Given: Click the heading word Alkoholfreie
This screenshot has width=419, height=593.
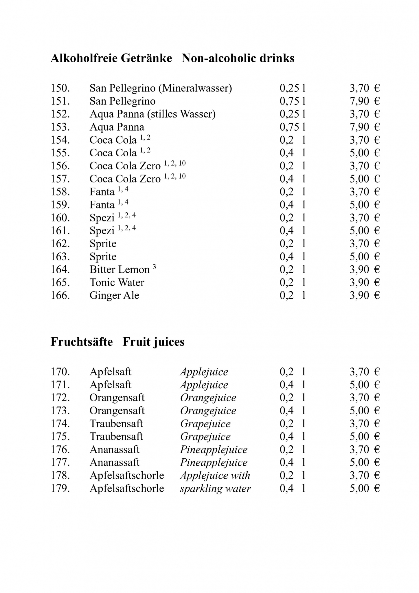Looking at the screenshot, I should click(x=84, y=58).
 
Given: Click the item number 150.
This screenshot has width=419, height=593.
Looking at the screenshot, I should click(x=60, y=88).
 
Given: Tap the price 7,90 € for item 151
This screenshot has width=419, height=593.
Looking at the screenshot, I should click(x=364, y=101).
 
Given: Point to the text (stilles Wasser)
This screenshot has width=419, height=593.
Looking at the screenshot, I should click(x=181, y=114).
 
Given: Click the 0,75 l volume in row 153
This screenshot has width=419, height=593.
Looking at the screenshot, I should click(x=293, y=127).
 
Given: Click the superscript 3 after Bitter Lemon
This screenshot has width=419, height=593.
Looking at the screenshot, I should click(x=155, y=267).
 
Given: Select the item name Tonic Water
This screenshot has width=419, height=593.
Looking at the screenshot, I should click(x=117, y=282).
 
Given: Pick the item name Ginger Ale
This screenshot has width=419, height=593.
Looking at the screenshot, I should click(x=114, y=295).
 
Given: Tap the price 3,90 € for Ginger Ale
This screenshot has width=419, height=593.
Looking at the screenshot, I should click(x=364, y=295).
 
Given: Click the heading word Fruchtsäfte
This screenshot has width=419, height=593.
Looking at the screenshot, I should click(x=82, y=342).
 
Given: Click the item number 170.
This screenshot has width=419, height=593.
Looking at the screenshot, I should click(x=60, y=372).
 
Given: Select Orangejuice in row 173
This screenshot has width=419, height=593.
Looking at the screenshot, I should click(x=208, y=411).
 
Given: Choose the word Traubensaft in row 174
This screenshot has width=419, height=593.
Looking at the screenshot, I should click(x=116, y=424).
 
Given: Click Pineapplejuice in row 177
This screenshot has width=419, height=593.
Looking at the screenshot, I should click(x=214, y=462).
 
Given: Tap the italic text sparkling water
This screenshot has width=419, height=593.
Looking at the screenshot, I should click(x=215, y=488).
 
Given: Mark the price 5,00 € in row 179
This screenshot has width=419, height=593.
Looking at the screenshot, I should click(x=364, y=488).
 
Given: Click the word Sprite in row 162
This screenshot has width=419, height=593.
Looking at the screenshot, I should click(x=103, y=244).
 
